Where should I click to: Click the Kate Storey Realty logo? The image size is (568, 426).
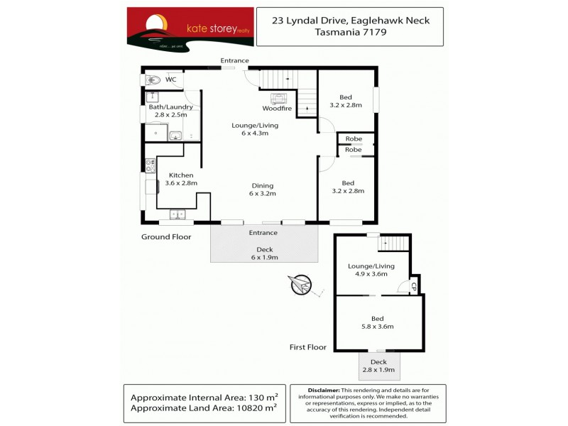click(x=190, y=28)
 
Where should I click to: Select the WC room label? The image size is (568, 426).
click(x=170, y=80)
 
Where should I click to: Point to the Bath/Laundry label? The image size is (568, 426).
click(x=170, y=107)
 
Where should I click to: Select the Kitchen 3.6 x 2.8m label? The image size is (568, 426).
click(x=180, y=179)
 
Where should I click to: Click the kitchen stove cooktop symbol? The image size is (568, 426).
click(x=150, y=166)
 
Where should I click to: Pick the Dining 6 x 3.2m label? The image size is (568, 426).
click(x=262, y=188)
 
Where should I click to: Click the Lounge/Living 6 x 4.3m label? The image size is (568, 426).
click(x=255, y=129)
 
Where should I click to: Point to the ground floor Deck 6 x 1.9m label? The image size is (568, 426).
click(x=264, y=253)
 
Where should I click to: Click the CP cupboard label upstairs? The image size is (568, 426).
click(x=411, y=287)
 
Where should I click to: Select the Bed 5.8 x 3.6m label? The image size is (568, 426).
click(x=377, y=322)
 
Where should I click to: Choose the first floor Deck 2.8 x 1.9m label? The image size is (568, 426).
click(x=378, y=366)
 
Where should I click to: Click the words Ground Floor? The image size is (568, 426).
click(x=166, y=237)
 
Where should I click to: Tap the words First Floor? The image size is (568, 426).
click(x=308, y=347)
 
